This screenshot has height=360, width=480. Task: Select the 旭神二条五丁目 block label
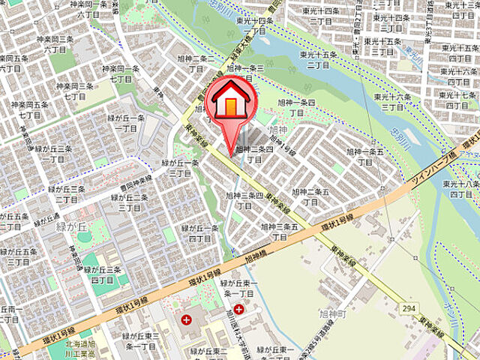pos(310,196)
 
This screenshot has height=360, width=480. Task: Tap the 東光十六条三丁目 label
pos(393,102)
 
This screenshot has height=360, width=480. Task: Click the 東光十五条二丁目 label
pos(320,59)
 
